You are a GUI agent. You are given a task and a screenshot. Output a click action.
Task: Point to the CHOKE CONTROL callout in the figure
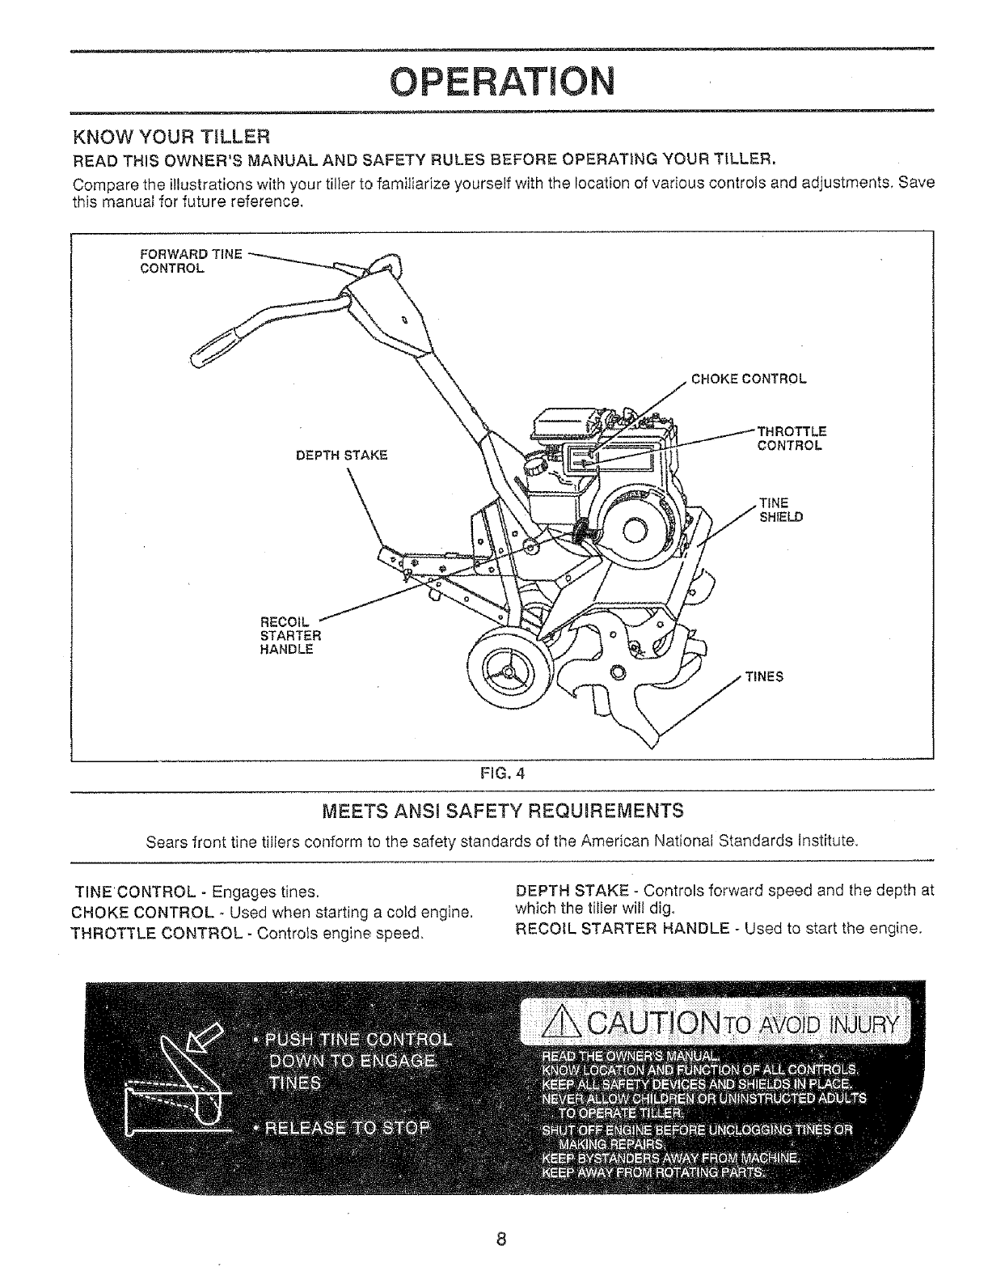point(749,379)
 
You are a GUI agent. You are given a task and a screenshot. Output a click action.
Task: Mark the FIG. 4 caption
point(502,772)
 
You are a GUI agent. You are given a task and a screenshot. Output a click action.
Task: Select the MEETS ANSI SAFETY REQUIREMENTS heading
point(502,810)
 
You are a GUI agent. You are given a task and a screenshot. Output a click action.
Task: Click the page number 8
point(501,1239)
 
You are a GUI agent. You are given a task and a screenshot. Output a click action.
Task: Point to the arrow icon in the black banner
point(194,1051)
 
